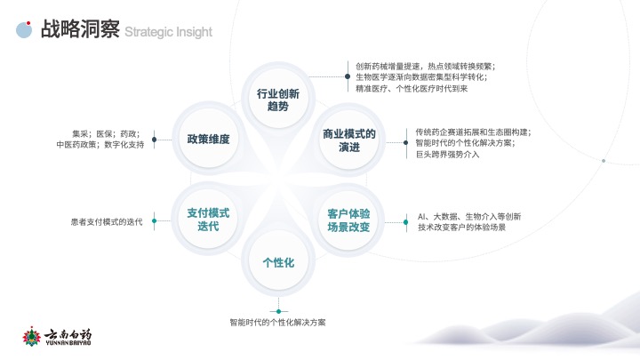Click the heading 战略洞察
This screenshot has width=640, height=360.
click(80, 29)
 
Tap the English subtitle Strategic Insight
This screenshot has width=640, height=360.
click(168, 32)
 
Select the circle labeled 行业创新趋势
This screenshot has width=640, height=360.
click(278, 99)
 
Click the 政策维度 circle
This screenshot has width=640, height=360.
click(208, 139)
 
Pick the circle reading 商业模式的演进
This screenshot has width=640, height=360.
click(349, 140)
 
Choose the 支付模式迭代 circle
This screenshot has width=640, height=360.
click(208, 220)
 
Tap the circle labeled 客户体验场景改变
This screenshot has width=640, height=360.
click(348, 220)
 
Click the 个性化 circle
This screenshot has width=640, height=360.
click(278, 261)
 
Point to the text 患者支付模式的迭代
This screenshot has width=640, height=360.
click(107, 222)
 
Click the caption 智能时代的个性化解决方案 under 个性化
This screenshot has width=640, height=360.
click(277, 323)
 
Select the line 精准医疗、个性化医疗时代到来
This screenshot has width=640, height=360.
click(412, 89)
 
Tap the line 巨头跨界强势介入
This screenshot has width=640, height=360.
click(447, 155)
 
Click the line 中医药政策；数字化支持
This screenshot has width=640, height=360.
click(100, 145)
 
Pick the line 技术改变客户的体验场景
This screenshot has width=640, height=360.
click(461, 228)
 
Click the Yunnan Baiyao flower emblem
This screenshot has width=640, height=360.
click(31, 336)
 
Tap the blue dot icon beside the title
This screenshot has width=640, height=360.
click(24, 30)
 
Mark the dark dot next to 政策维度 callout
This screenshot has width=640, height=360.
click(155, 140)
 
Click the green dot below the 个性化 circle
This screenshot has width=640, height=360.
click(279, 311)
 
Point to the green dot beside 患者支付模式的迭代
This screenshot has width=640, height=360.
click(155, 220)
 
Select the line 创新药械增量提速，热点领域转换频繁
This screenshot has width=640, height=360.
click(426, 66)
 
